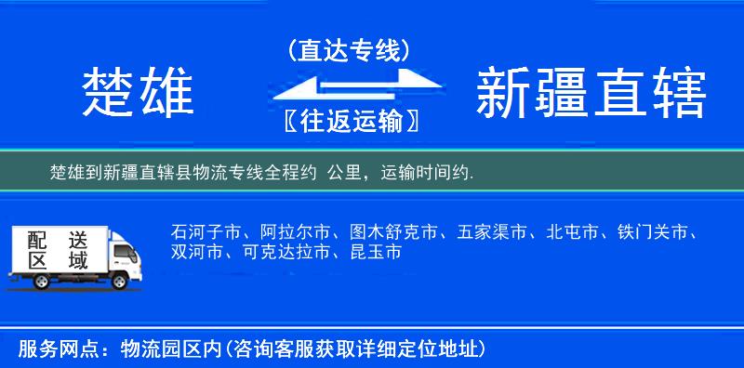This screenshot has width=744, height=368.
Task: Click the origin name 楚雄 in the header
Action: (x=138, y=92)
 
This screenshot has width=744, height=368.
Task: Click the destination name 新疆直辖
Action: (x=591, y=92)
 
